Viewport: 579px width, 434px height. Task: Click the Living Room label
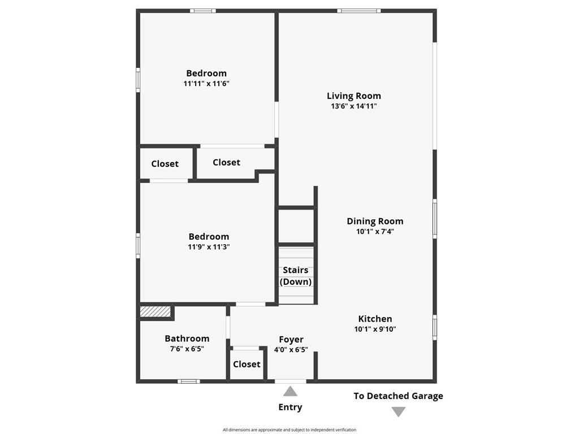click(x=354, y=96)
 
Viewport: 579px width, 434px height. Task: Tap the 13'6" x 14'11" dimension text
click(x=354, y=106)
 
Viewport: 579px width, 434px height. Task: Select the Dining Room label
click(x=375, y=222)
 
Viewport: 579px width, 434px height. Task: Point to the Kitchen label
click(x=375, y=319)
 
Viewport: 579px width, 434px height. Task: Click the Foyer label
click(x=291, y=340)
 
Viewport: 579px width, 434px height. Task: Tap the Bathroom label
click(x=187, y=338)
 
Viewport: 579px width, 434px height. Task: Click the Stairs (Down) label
click(x=296, y=276)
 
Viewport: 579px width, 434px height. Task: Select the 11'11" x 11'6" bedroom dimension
click(x=206, y=84)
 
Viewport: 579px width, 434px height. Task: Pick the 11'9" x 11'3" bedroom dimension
click(x=209, y=247)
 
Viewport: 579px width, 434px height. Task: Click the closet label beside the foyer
click(x=247, y=364)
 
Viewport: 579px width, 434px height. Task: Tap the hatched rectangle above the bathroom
click(x=155, y=311)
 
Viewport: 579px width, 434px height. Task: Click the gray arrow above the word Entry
click(x=290, y=391)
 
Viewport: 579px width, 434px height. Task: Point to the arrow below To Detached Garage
click(x=399, y=411)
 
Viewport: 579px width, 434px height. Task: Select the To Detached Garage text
click(x=399, y=396)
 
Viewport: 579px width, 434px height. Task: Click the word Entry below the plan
click(x=290, y=407)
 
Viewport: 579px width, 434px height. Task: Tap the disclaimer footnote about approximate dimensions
click(x=289, y=429)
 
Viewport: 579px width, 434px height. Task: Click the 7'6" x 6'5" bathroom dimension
click(x=187, y=349)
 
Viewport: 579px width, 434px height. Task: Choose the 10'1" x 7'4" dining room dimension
click(x=375, y=231)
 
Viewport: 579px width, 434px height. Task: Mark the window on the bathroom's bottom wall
click(x=189, y=381)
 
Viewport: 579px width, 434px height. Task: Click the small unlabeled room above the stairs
click(x=296, y=226)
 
